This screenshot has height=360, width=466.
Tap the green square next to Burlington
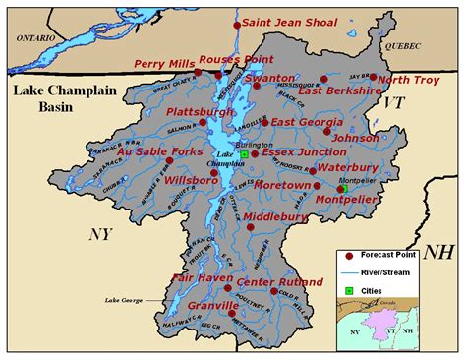click(245, 154)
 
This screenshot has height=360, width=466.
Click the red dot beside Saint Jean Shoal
click(236, 23)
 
